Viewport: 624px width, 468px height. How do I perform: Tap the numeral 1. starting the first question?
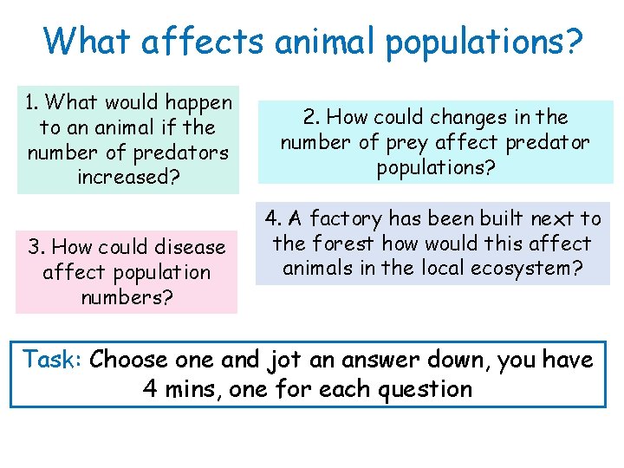pos(32,102)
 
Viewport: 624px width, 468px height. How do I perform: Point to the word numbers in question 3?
pos(126,298)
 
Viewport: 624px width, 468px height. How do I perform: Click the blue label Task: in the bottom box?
pos(53,359)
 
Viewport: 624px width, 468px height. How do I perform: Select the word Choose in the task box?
pos(127,359)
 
